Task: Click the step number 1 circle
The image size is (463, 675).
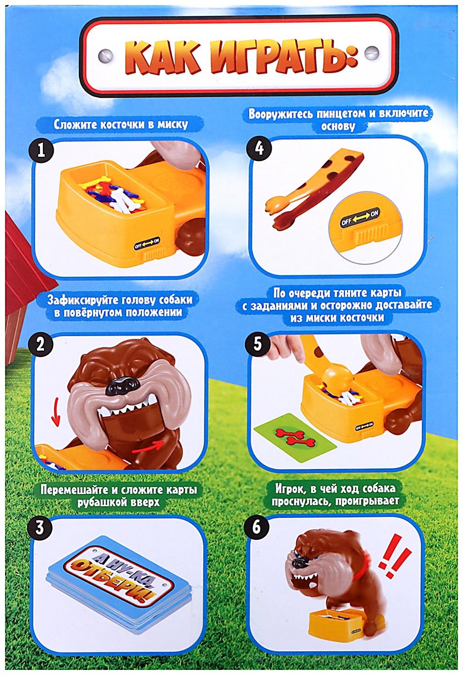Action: click(x=40, y=151)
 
